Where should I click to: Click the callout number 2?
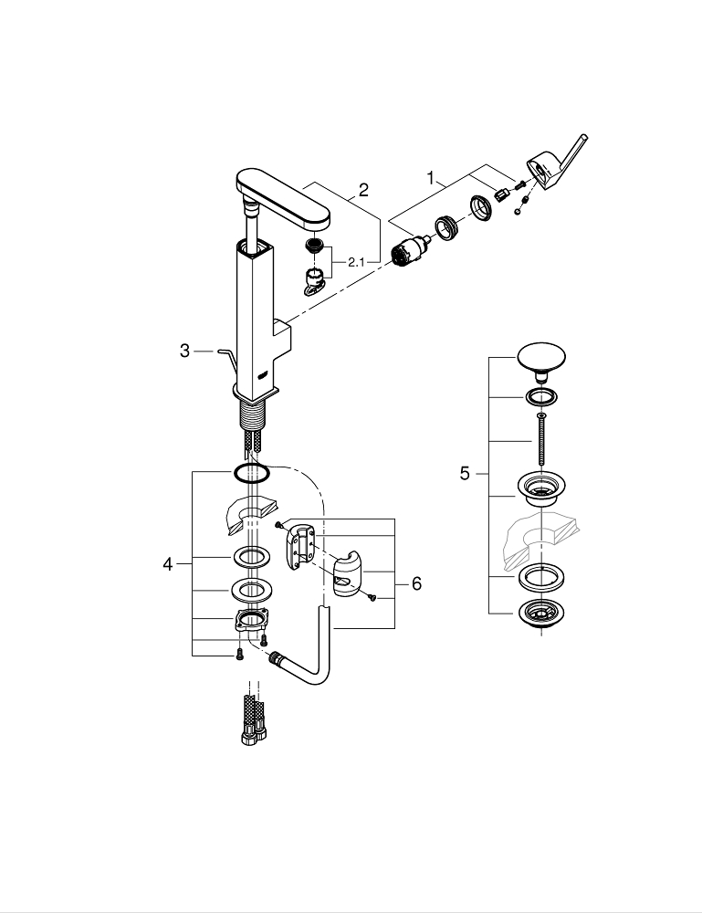(363, 190)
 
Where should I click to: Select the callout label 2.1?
(355, 262)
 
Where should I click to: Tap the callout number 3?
(184, 351)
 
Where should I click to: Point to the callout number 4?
(167, 564)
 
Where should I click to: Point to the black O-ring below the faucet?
(249, 473)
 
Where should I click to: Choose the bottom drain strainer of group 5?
(541, 615)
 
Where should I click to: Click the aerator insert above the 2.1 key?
(315, 247)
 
